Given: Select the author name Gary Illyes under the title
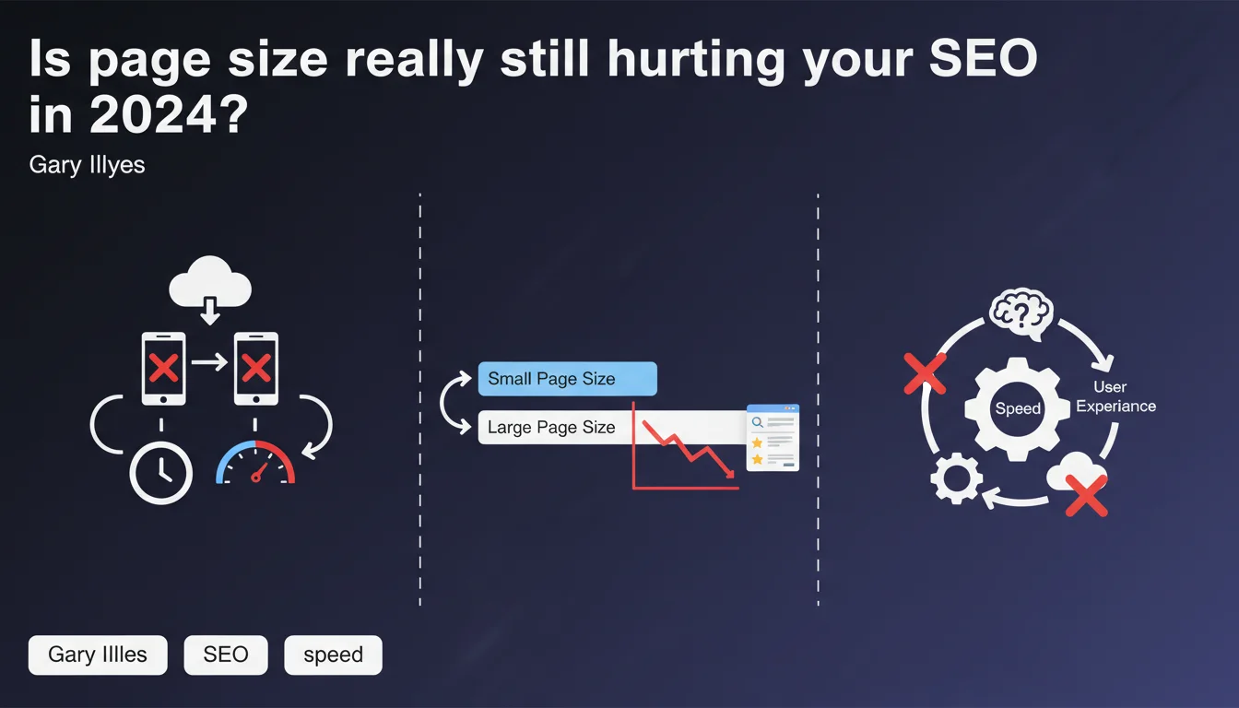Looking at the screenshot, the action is (x=87, y=165).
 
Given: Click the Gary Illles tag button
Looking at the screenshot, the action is (x=98, y=655).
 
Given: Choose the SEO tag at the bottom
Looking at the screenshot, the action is (x=226, y=655).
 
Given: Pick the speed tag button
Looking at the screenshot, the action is (x=333, y=655).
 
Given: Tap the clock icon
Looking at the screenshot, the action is (x=161, y=474).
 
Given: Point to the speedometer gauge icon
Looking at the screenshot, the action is (x=255, y=463).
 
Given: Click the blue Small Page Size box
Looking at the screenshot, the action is (x=568, y=379).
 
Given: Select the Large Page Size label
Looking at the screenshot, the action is (x=551, y=427).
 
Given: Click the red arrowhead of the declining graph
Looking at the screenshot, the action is (x=730, y=474).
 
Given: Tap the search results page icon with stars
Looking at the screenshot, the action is (x=773, y=438).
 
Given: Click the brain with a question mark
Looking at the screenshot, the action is (x=1021, y=313).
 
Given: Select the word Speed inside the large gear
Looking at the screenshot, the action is (x=1018, y=408).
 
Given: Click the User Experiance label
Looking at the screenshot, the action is (x=1115, y=396).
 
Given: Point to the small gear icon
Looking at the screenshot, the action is (x=956, y=478).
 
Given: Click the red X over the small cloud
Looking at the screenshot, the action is (x=1086, y=496).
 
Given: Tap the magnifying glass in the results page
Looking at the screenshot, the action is (x=758, y=422).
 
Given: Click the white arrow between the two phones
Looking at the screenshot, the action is (x=209, y=362).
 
